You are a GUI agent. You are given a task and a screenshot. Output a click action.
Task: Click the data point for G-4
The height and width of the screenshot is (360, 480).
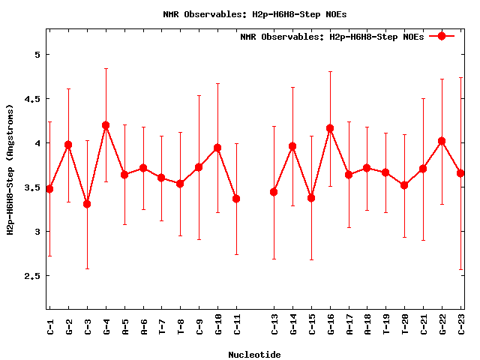coord(106,125)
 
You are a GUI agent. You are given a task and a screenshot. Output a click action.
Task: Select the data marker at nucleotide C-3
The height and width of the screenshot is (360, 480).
coord(87,204)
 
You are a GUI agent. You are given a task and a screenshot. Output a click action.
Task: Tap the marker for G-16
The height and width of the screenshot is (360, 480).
coord(330,128)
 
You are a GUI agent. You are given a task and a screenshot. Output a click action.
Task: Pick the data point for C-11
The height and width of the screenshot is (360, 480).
coord(236,199)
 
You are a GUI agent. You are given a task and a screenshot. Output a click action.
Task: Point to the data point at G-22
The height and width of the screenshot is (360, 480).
coord(442,141)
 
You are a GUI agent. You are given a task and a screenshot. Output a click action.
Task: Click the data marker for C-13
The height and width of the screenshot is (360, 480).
coord(274,192)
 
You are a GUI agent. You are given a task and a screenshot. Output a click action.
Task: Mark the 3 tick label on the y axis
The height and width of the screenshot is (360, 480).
coord(36,232)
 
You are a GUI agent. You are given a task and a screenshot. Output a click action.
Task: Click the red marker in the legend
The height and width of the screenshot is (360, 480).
coord(442,36)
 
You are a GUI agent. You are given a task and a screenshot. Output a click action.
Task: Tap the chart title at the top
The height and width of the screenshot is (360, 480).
coord(255,14)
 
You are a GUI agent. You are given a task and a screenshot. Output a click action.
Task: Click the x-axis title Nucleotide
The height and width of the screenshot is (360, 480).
coord(255,355)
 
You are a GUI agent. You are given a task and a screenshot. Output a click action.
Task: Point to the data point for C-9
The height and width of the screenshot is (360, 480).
coord(199,167)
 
